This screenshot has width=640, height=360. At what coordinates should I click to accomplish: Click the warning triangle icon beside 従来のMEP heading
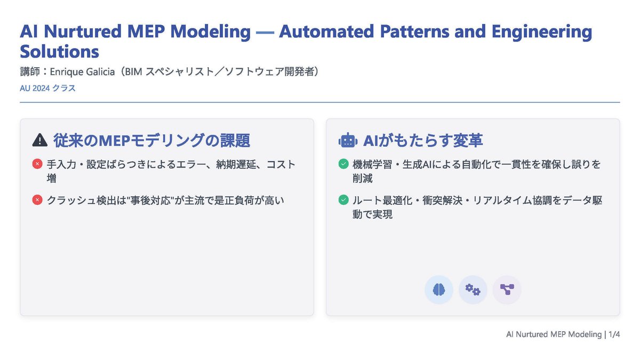[x=40, y=140]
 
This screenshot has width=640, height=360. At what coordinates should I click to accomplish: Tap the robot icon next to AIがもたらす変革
[x=348, y=140]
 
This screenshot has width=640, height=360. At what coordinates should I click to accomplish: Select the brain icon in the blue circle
[x=439, y=290]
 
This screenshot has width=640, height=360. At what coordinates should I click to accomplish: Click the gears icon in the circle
[x=473, y=290]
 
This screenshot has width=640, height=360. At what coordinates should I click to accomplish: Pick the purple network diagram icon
[x=506, y=290]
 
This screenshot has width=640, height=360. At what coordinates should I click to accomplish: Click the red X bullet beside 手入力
[x=37, y=164]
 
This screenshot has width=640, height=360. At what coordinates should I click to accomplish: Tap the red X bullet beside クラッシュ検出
[x=37, y=201]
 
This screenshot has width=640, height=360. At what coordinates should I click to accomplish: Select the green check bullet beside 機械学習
[x=343, y=164]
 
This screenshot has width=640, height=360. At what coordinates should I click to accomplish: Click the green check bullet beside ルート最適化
[x=343, y=201]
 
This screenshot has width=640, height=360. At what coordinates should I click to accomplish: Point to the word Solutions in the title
[x=59, y=52]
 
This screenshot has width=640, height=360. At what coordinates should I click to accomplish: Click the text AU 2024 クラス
[x=47, y=88]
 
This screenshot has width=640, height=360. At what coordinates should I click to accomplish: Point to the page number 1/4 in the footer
[x=614, y=334]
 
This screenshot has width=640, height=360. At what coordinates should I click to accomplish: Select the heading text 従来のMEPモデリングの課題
[x=151, y=140]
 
